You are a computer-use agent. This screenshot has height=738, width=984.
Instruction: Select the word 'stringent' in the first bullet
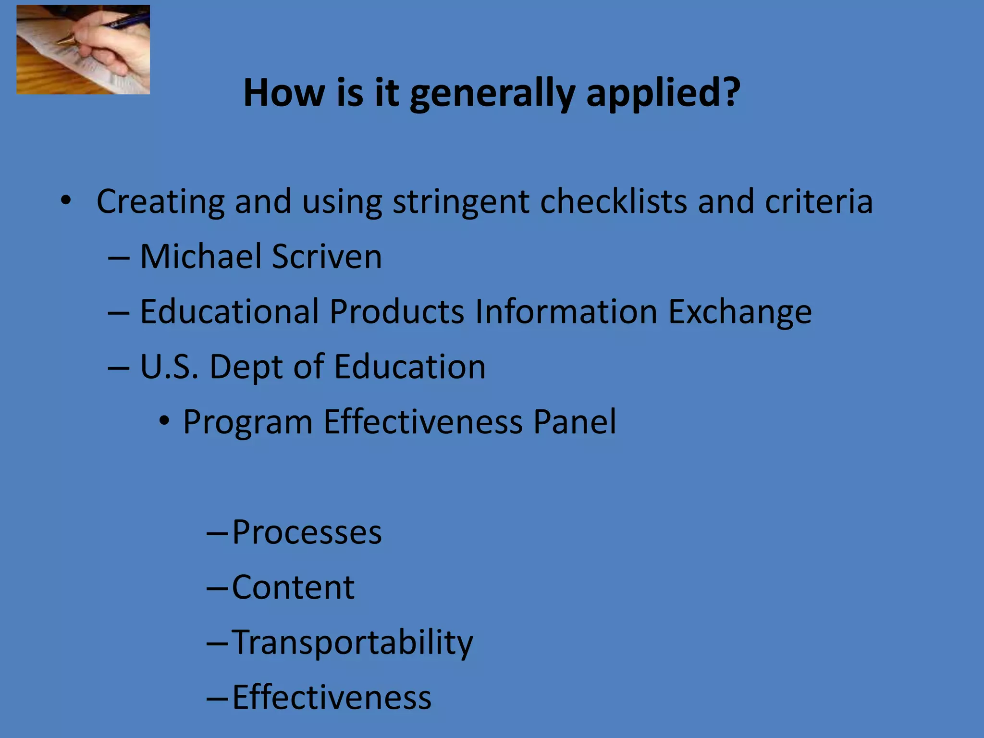tap(460, 202)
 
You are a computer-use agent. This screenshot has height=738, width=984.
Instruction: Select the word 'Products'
tap(396, 311)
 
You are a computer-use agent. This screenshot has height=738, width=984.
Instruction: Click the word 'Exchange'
tap(740, 312)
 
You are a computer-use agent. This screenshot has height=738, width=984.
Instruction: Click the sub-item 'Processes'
tap(307, 532)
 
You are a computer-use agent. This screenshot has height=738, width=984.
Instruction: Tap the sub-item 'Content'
tap(293, 587)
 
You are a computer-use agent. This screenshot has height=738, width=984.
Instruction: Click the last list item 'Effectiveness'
tap(332, 697)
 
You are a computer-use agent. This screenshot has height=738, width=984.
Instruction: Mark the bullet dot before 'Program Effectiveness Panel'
tap(165, 422)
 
